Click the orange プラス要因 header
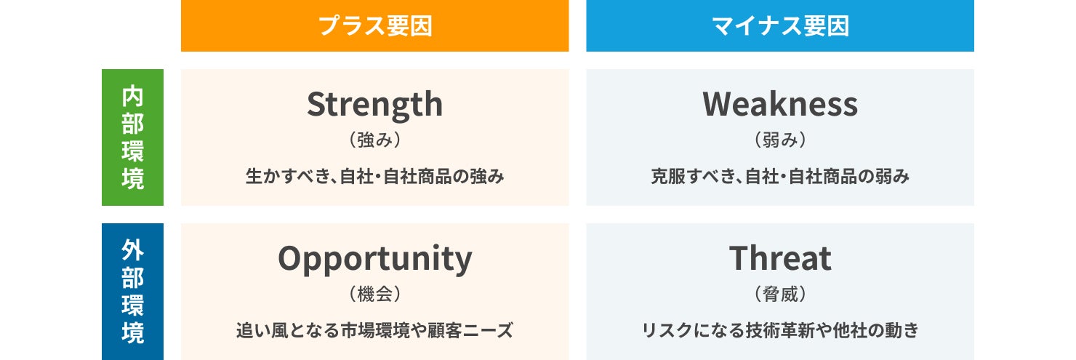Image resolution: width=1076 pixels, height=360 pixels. coord(374,25)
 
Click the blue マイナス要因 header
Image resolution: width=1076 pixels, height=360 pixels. coord(780,25)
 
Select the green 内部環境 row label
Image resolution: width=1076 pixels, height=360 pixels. coord(132,137)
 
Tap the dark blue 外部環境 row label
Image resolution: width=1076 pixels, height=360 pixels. coord(132,292)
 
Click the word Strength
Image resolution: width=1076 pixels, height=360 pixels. coord(374,105)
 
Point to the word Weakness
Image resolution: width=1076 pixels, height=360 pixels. coord(780,104)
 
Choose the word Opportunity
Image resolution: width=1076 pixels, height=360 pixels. coord(375,260)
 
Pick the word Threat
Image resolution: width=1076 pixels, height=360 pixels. coord(780,258)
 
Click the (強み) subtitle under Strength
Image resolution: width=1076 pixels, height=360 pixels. coord(374,140)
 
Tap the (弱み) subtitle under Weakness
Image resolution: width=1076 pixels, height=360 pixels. coord(780,140)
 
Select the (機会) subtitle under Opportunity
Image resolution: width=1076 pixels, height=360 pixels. coord(374,294)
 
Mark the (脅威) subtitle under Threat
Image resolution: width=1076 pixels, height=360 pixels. coord(780,294)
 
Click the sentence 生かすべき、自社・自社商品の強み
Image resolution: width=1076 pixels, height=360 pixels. coord(374,177)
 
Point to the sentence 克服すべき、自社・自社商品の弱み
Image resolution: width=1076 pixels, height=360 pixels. coord(780,177)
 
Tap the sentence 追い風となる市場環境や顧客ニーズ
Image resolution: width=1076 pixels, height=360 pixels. coord(374,331)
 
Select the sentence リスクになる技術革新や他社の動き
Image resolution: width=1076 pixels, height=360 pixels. coord(780,331)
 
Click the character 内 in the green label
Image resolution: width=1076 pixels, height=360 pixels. coord(132,96)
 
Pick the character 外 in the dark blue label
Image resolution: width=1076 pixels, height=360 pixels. coord(132,250)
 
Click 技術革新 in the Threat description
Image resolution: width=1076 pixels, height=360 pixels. coord(779,331)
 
